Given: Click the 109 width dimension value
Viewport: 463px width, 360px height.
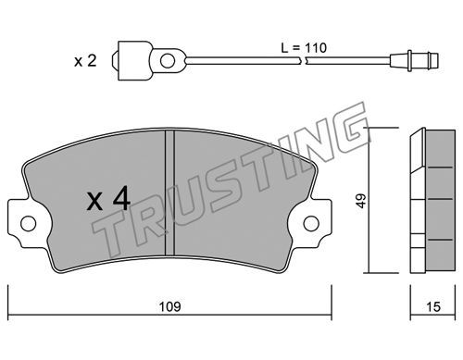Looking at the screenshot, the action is click(x=170, y=307).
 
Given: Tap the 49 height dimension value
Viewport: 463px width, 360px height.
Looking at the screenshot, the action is click(x=361, y=201).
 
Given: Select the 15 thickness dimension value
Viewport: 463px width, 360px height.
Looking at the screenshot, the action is click(x=433, y=307).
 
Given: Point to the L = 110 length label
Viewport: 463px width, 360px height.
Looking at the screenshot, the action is click(x=304, y=48).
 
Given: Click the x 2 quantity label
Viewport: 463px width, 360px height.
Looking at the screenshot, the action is click(x=85, y=61).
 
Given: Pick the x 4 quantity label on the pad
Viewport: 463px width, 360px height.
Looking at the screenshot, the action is click(x=108, y=200).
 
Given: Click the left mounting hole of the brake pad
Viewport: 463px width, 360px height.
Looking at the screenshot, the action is click(x=28, y=223).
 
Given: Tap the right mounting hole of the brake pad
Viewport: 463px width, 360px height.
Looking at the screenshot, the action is click(x=311, y=223).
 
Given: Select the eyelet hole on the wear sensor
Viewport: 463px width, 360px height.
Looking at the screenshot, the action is click(x=168, y=60).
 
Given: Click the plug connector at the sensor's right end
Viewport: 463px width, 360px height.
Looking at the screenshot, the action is click(x=414, y=60).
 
